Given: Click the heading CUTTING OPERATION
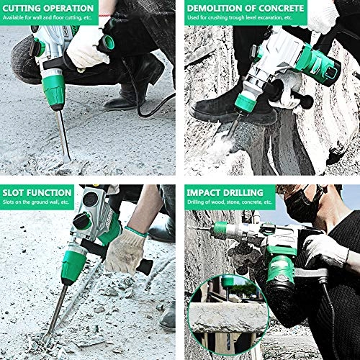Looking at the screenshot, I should click(x=48, y=8).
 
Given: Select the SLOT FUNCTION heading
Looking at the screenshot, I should click(x=37, y=192).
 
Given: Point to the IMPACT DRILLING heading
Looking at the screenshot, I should click(x=224, y=192).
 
